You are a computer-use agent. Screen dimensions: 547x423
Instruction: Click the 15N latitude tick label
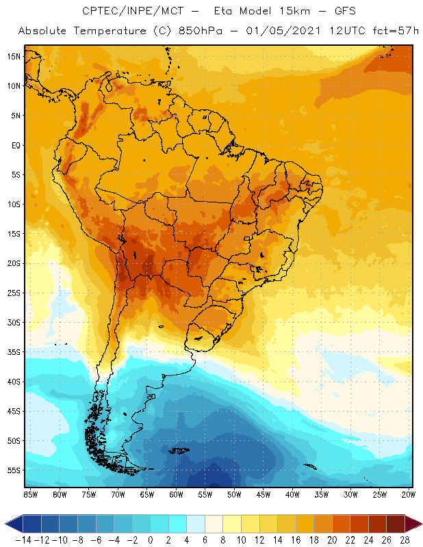[13, 56]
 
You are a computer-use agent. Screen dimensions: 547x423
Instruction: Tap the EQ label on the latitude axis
[14, 145]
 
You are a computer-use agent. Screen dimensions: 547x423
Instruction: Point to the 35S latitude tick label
[13, 352]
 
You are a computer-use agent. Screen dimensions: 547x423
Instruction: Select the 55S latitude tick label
[13, 470]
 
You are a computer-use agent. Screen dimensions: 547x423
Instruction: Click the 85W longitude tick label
[30, 494]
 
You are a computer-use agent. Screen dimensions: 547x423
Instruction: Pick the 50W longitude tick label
[235, 494]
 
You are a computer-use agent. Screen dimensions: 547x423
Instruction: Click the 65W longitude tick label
[147, 494]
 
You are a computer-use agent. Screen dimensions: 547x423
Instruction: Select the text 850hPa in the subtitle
[196, 31]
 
